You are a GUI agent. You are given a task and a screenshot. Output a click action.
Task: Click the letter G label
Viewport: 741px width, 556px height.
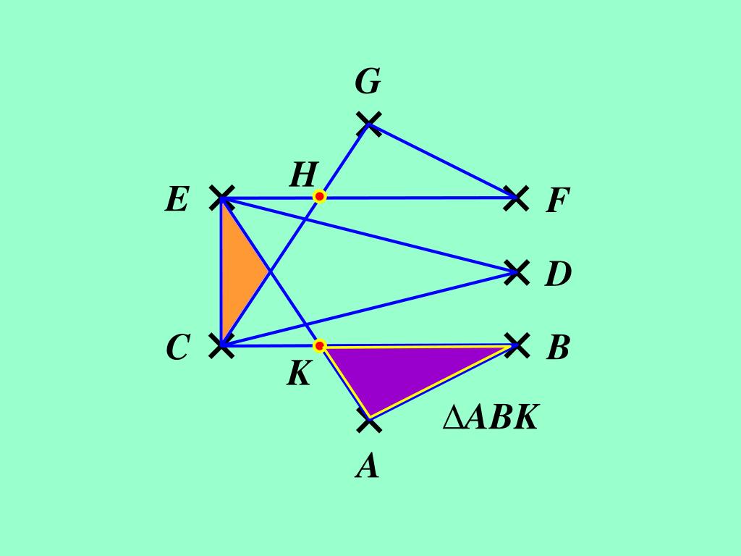point(368,83)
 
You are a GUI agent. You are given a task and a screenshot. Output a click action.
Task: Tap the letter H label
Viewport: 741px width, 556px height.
point(304,175)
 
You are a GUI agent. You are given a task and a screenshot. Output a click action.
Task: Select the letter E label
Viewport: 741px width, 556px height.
point(177,199)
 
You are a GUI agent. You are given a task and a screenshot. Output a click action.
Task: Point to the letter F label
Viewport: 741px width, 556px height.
point(558,201)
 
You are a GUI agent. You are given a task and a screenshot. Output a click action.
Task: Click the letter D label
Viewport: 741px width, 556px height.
point(558,274)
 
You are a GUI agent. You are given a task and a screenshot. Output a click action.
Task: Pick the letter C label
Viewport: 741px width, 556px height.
point(177,348)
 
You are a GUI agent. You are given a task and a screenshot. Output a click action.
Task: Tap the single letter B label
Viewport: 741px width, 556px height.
point(558,348)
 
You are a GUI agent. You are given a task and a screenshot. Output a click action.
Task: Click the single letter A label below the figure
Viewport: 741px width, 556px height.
point(368,467)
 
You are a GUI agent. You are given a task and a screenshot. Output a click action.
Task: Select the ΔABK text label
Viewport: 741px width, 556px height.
point(491,418)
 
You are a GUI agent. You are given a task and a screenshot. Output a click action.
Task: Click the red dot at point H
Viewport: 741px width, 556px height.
point(319,196)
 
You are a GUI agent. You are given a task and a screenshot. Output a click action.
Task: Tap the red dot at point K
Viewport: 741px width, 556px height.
point(319,345)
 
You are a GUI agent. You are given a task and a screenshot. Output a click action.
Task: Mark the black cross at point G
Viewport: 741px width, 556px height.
point(369,123)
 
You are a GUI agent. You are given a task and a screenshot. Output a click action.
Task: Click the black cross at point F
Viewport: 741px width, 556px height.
point(515,197)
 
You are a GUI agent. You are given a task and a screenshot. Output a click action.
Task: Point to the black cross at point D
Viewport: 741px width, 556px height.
point(516,272)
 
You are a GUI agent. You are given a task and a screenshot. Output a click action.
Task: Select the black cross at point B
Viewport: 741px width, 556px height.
point(516,345)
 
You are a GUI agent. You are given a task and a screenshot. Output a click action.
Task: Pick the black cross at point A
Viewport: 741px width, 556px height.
point(369,420)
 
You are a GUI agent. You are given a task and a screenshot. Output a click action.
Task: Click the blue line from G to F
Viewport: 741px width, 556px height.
point(442,160)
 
